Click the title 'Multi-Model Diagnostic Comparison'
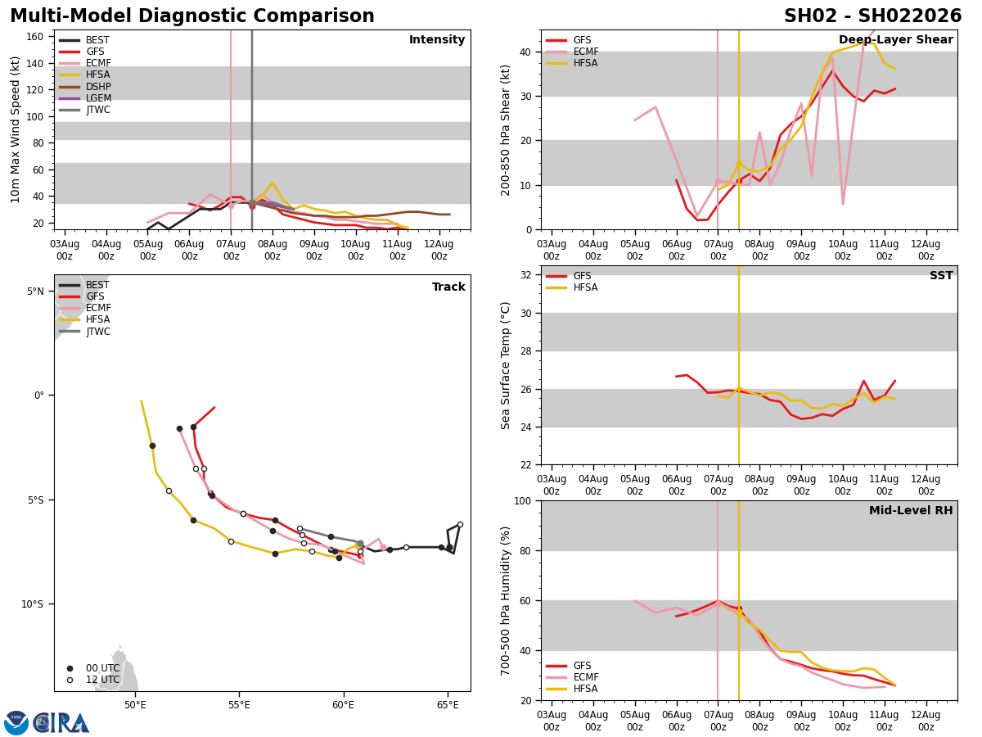pos(192,16)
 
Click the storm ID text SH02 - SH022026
pos(872,16)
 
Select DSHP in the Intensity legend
pos(98,87)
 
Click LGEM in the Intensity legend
pos(98,98)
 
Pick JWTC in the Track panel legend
pos(98,332)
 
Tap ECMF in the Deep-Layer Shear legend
pos(586,52)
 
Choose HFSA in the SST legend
pos(586,288)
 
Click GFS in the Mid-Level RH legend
pos(582,666)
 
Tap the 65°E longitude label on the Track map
pos(448,705)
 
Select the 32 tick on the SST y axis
pos(527,275)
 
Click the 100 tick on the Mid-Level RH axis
pos(521,500)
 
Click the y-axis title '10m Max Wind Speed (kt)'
pos(16,129)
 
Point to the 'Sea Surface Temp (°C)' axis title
pos(506,365)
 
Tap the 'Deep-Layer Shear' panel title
pos(895,40)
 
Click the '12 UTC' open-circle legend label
pos(102,680)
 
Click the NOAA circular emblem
pos(16,723)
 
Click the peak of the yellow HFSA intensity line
pos(273,183)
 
